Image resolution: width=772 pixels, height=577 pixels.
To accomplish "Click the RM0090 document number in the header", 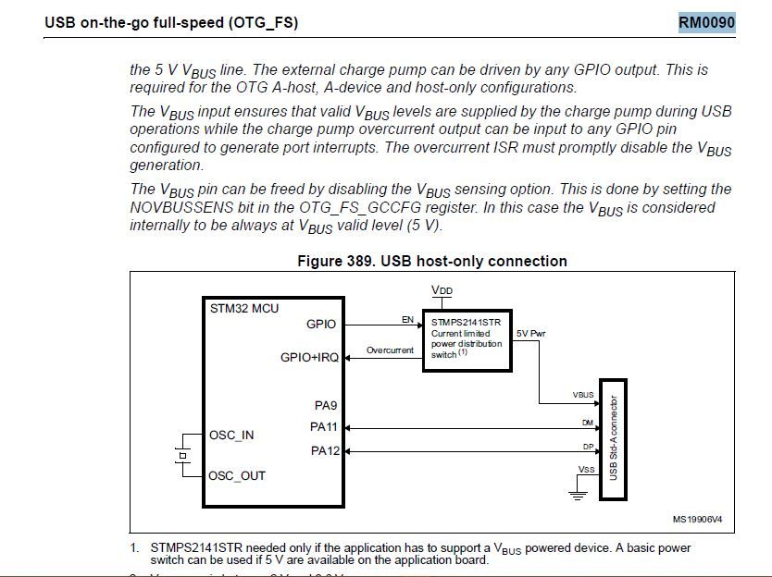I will [707, 21].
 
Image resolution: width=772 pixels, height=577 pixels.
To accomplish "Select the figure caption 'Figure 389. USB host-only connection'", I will [431, 261].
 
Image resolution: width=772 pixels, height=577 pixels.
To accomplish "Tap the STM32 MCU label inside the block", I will [244, 309].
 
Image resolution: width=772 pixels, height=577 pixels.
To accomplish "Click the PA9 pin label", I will [326, 404].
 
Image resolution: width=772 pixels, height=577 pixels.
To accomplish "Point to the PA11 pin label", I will [323, 427].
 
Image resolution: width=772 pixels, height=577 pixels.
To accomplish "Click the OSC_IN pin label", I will [231, 436].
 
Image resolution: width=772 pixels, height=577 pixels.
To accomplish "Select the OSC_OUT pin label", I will [237, 475].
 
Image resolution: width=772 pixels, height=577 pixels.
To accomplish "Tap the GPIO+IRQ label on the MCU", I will [309, 358].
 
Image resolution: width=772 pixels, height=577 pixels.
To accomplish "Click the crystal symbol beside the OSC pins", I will [182, 455].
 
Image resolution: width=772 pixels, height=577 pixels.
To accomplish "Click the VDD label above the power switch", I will [442, 291].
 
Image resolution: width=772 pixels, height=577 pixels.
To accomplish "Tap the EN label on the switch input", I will [406, 319].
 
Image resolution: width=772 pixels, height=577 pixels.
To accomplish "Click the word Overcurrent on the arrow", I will [390, 350].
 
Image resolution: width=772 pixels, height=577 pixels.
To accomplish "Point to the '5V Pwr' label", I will [531, 334].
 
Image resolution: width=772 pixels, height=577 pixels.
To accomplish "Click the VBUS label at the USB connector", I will [582, 396].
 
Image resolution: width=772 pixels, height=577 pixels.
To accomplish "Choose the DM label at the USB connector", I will [588, 422].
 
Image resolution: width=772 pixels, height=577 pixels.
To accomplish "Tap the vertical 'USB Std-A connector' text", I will [613, 437].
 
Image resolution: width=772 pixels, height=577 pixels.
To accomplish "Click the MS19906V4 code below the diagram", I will [697, 520].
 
